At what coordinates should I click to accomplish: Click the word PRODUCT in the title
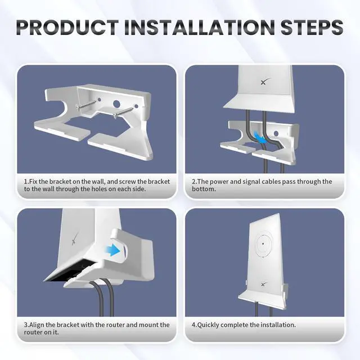pos(67,28)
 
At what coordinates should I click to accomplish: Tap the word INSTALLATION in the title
pos(199,28)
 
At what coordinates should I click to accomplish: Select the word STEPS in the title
pos(312,28)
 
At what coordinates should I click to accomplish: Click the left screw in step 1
pos(85,105)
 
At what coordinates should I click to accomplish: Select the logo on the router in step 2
pos(265,82)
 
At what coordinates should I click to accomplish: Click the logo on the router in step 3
pos(75,239)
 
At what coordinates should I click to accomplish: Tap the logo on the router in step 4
pos(264,284)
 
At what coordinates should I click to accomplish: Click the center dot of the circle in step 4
pos(263,244)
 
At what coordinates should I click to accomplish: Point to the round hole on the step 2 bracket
pos(276,133)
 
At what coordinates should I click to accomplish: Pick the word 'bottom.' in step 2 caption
pos(204,189)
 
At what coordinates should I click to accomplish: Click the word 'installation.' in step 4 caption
pos(278,325)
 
